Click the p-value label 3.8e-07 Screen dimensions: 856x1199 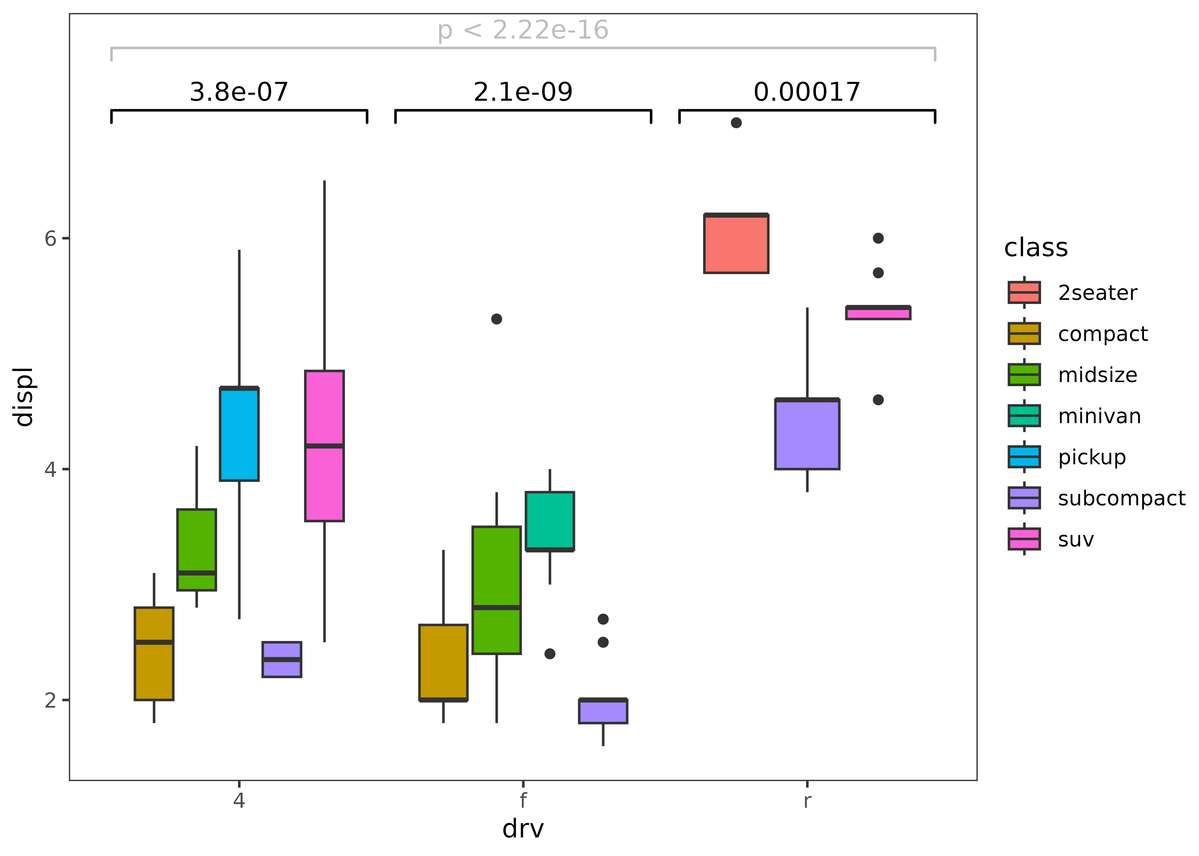(x=239, y=92)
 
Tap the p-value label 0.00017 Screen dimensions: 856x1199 (x=807, y=92)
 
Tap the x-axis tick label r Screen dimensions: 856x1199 (x=807, y=800)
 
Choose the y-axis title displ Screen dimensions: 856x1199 (x=24, y=397)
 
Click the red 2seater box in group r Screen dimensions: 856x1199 (x=736, y=244)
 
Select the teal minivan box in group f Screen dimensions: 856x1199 (x=550, y=521)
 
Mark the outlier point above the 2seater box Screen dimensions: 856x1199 (x=736, y=123)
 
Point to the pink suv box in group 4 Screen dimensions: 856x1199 (x=324, y=446)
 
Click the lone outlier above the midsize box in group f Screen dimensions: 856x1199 (x=496, y=319)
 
